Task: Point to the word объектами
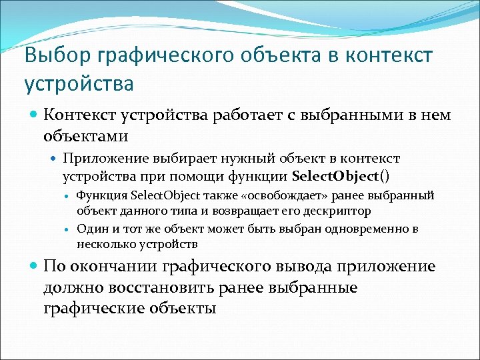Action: (x=86, y=136)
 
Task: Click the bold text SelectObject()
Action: (x=341, y=177)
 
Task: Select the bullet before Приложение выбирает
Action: (x=55, y=159)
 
